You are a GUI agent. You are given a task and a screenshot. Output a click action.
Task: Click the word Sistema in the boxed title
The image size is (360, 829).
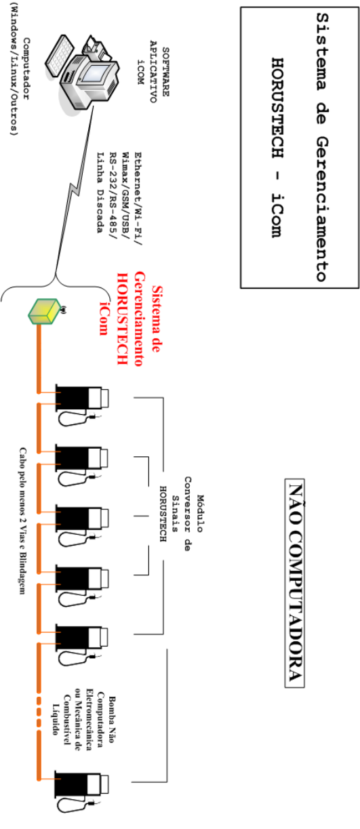click(x=321, y=51)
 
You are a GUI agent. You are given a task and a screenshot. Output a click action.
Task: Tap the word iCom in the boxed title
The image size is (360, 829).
click(x=277, y=215)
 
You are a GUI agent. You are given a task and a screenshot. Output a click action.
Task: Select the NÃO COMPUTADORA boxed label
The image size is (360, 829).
click(x=294, y=583)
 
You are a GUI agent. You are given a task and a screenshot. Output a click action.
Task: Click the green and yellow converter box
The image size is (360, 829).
click(x=44, y=312)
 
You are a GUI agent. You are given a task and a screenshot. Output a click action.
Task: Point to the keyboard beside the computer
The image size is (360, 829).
click(x=59, y=56)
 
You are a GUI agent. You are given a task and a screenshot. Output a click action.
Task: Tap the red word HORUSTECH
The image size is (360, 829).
click(x=123, y=319)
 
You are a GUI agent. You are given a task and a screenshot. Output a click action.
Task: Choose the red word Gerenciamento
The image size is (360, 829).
click(x=139, y=319)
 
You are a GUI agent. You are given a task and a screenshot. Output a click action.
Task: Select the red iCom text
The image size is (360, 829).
click(x=104, y=319)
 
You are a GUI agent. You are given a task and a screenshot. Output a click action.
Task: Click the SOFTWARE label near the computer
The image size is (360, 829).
click(x=165, y=72)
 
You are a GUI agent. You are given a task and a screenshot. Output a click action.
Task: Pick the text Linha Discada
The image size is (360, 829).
click(x=100, y=193)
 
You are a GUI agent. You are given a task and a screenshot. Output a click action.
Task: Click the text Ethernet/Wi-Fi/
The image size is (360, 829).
click(x=138, y=199)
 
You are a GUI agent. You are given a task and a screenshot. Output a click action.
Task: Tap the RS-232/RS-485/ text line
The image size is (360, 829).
click(x=113, y=195)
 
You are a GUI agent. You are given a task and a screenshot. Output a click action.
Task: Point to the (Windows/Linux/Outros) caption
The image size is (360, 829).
click(x=14, y=69)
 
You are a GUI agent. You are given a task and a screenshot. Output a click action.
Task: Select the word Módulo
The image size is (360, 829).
click(x=200, y=513)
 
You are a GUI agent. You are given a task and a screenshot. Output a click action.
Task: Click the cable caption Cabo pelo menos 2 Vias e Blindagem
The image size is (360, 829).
click(x=23, y=521)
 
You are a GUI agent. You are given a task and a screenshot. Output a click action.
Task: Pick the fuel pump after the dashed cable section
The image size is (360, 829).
click(x=81, y=791)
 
